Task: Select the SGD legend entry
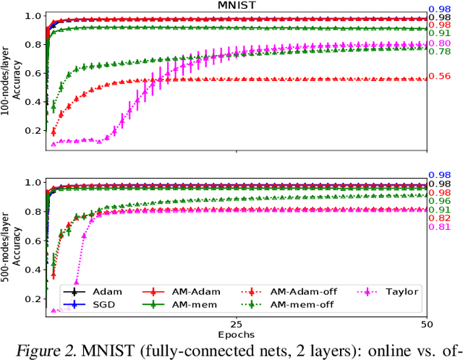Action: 104,305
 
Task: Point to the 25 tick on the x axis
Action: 236,324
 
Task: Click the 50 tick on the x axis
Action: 426,324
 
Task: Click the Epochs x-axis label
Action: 236,335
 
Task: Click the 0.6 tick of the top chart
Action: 33,73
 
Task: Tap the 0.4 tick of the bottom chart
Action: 33,270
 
